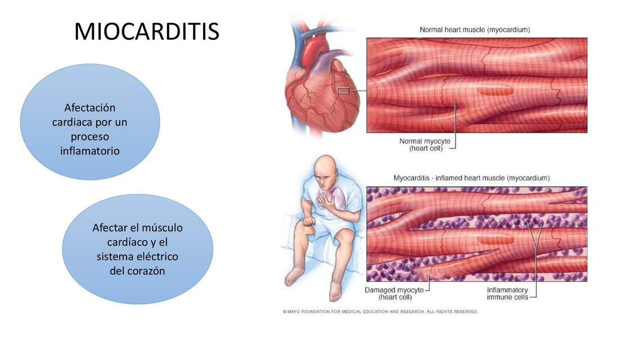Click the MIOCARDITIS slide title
coord(146,32)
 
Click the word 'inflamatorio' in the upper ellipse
coord(90,151)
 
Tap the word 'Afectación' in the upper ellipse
coord(90,107)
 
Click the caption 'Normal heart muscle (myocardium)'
coord(475,29)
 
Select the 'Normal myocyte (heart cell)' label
coord(425,145)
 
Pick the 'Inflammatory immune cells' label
coord(507,293)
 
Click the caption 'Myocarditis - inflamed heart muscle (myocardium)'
coord(471,178)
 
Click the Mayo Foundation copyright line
coord(380,311)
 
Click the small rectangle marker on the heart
coord(343,91)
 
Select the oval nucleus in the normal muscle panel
coord(495,89)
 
